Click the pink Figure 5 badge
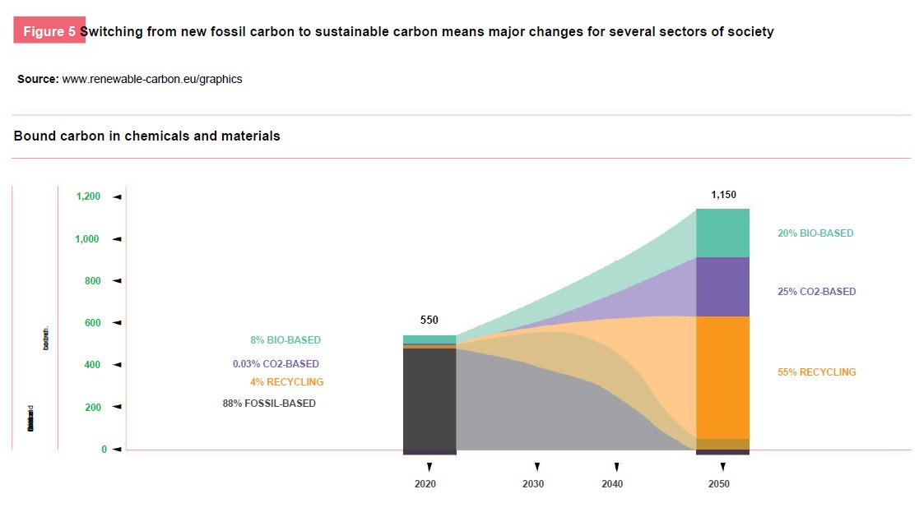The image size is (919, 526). [x=49, y=31]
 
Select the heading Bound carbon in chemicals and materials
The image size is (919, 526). [x=146, y=136]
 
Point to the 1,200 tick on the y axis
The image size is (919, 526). [x=88, y=196]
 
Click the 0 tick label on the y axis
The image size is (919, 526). [x=104, y=450]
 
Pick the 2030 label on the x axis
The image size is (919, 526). [x=533, y=484]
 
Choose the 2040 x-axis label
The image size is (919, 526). [x=612, y=484]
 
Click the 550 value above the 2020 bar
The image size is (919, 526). [x=429, y=321]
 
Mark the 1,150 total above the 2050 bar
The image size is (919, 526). [x=723, y=196]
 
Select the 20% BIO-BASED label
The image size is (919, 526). [x=815, y=233]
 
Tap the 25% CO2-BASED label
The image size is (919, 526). [x=816, y=292]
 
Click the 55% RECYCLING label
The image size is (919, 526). [x=816, y=372]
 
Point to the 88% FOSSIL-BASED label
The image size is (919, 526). [x=269, y=404]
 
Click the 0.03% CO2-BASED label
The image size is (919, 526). [x=276, y=364]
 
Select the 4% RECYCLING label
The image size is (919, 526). [x=286, y=382]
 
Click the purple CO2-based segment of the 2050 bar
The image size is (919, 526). [x=722, y=287]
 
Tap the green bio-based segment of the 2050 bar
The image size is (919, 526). [x=722, y=233]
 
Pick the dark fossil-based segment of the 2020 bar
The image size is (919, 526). [x=429, y=399]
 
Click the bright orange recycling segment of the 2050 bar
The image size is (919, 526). [x=722, y=376]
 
